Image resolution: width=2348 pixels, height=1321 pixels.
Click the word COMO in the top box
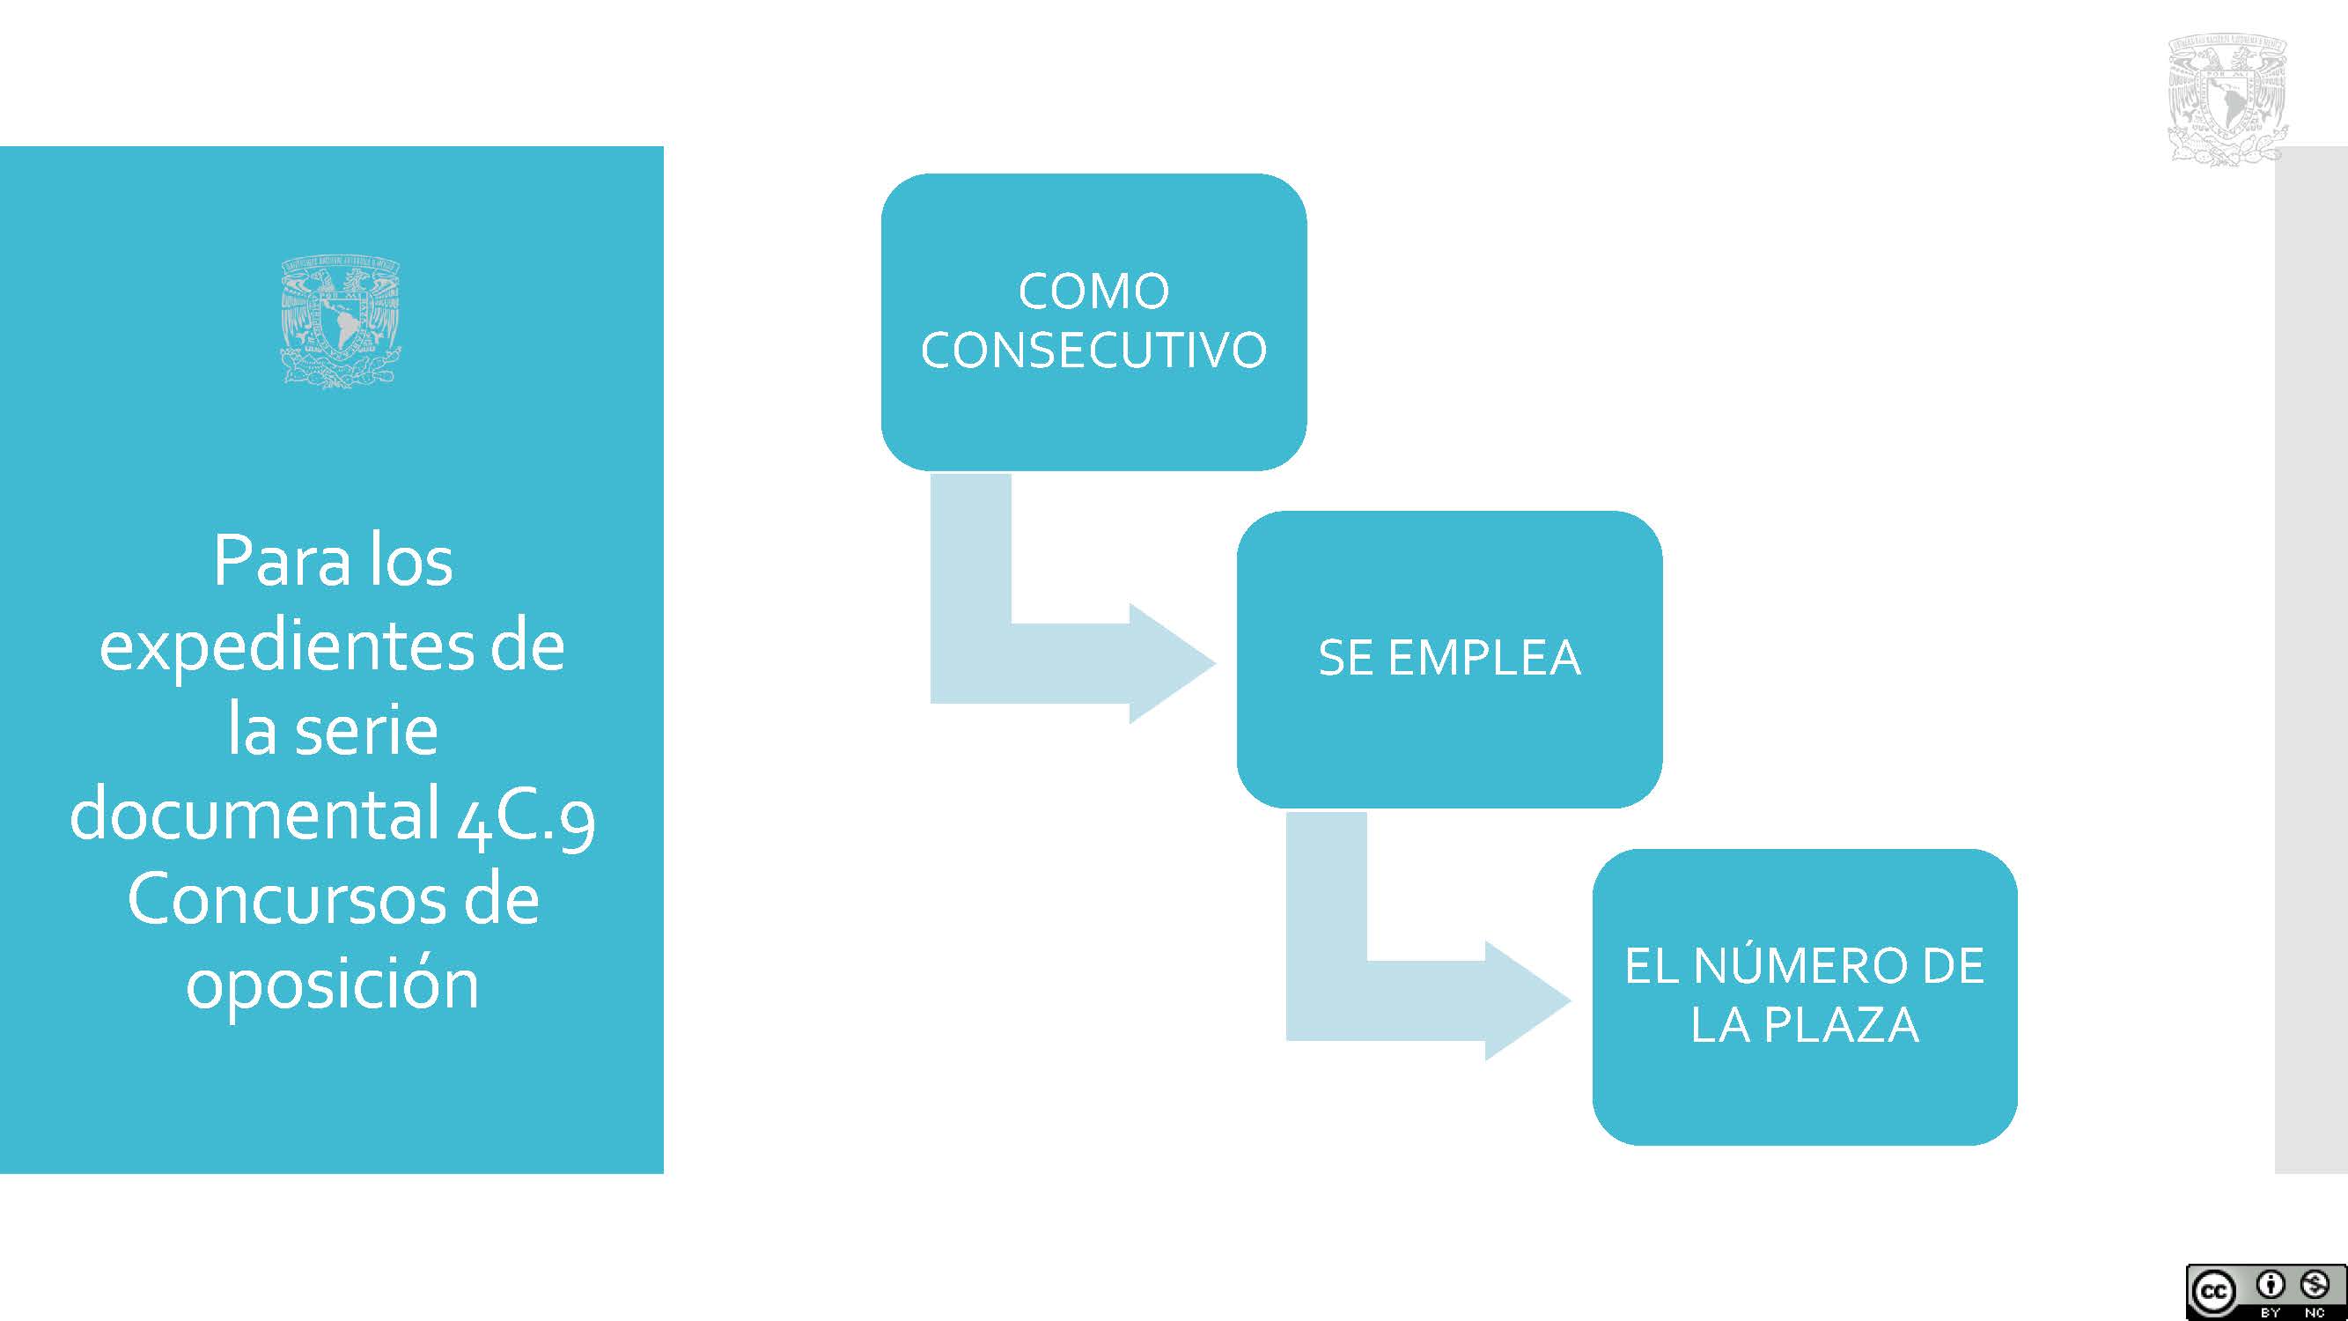tap(1093, 292)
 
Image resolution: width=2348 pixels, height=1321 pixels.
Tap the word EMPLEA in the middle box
tap(1484, 657)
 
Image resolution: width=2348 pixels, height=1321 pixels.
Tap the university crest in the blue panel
tap(341, 322)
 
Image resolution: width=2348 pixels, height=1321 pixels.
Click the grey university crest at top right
tap(2227, 100)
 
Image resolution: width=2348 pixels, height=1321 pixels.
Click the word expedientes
tap(285, 649)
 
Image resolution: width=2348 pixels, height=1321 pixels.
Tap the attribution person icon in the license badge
tap(2271, 1286)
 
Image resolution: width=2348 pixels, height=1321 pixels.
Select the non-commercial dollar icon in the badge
tap(2315, 1286)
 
